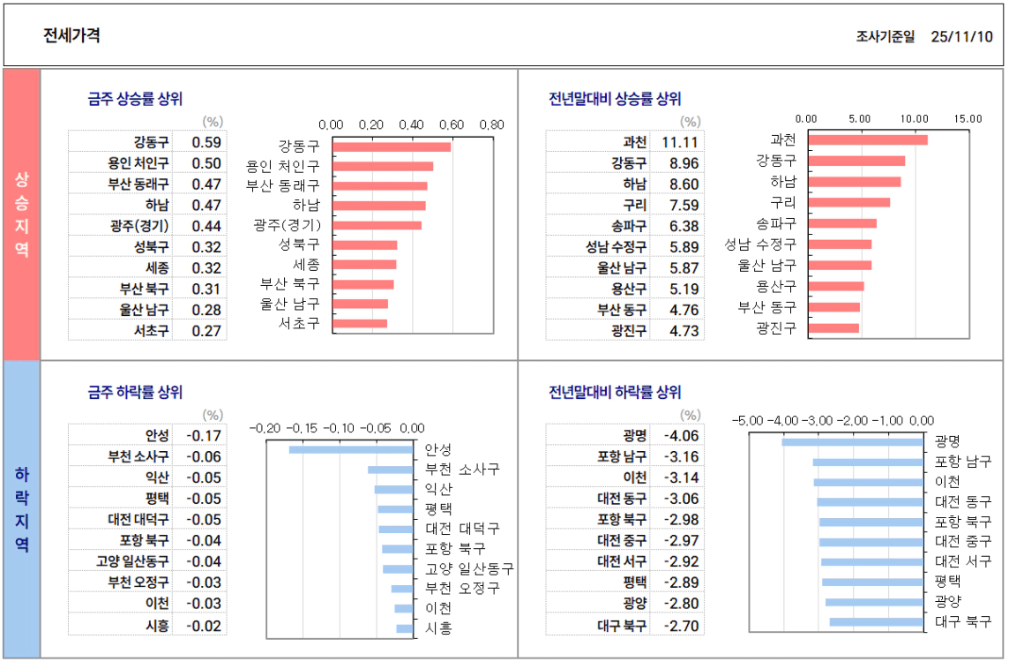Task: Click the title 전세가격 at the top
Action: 71,35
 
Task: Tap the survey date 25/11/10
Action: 961,36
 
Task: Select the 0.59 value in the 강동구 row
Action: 206,142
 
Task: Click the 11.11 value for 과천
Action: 680,142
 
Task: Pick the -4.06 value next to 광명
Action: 681,435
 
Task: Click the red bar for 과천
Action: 868,139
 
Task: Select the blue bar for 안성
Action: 351,450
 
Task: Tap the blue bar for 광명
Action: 852,441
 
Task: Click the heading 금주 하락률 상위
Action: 135,392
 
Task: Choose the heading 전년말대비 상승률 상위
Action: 615,99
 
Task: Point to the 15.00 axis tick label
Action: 968,118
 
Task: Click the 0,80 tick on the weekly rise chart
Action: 491,124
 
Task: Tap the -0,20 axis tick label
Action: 265,428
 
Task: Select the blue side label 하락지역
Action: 22,508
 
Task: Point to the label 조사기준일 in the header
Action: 885,36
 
